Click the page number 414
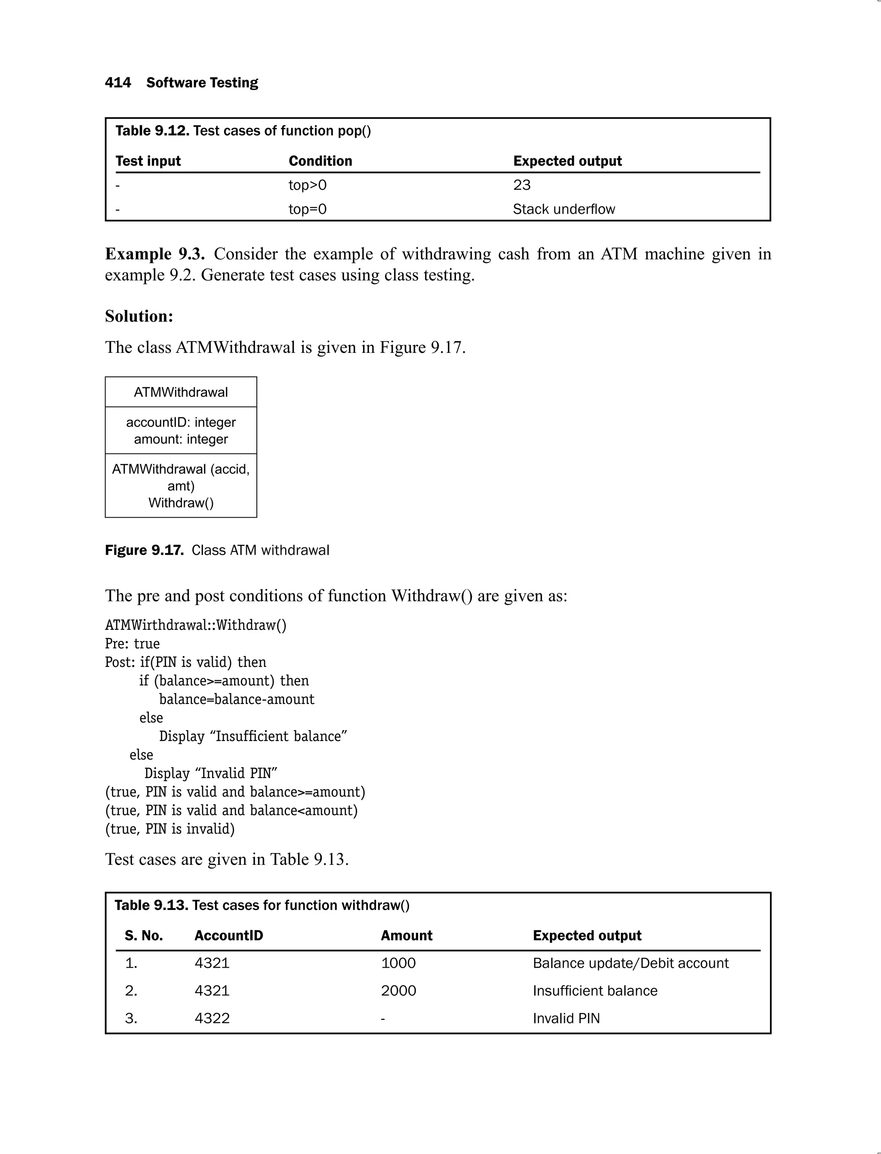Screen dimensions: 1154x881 [117, 83]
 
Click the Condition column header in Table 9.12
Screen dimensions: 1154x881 [320, 161]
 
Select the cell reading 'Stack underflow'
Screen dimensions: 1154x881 [564, 209]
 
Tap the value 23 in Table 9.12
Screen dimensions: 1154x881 [522, 185]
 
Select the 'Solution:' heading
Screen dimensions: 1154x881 [139, 316]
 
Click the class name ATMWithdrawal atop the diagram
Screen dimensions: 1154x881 [181, 392]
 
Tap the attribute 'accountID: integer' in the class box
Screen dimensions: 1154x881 [181, 422]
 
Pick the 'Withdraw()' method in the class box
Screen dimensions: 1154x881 [181, 503]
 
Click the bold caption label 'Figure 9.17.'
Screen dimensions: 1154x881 [144, 550]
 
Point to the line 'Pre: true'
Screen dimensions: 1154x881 [132, 644]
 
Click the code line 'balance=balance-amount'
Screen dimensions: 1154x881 [237, 699]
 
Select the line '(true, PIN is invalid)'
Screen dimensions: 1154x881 [170, 829]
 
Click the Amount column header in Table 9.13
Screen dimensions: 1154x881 [407, 936]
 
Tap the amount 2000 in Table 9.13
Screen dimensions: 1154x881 [398, 991]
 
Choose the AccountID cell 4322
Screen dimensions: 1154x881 [212, 1018]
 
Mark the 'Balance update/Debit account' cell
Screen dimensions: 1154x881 [630, 963]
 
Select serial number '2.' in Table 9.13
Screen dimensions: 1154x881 [131, 991]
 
